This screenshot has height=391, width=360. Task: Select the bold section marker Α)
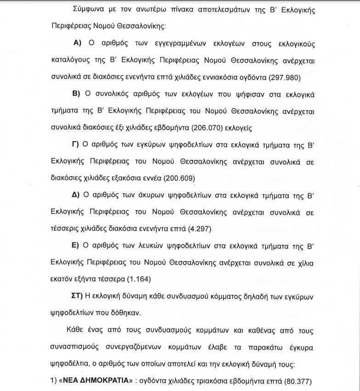(77, 43)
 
